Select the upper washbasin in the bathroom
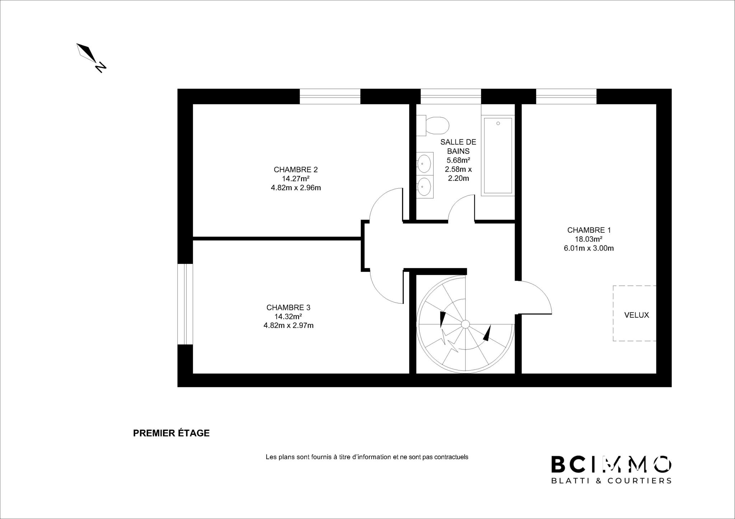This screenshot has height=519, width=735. (425, 164)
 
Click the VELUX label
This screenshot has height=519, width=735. (637, 315)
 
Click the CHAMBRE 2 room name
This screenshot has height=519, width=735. (296, 170)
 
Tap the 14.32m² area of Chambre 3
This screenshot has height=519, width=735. (288, 316)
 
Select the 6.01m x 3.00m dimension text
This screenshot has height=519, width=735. (589, 248)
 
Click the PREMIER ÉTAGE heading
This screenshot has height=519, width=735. (171, 433)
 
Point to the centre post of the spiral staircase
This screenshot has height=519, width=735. (465, 324)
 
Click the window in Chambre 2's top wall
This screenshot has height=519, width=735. (330, 96)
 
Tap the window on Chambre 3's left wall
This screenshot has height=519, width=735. (185, 305)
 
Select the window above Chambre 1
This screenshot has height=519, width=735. (566, 96)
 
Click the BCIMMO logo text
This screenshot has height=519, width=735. (611, 464)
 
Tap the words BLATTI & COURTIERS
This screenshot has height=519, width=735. (611, 481)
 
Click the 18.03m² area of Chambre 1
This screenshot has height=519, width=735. (589, 239)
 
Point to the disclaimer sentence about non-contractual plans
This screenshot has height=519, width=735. (367, 457)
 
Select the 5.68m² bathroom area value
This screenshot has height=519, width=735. (458, 160)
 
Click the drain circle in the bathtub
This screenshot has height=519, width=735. (498, 123)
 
